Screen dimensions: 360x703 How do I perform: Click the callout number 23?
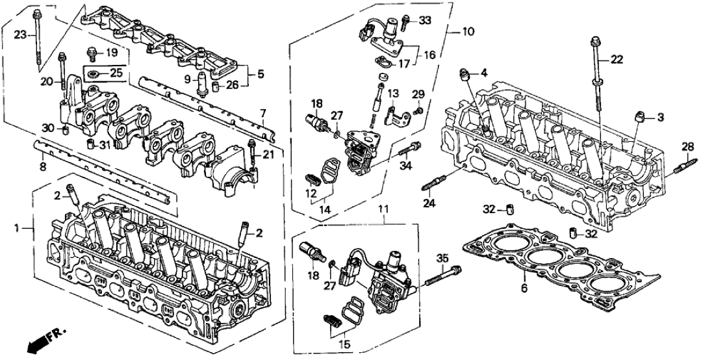19,34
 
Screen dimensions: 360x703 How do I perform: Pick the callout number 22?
617,60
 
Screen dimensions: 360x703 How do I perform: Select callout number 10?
468,31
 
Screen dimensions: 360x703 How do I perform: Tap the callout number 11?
383,209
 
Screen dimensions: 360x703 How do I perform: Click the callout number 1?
19,228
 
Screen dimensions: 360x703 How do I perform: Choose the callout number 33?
425,20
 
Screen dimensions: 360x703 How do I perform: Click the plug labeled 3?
641,117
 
